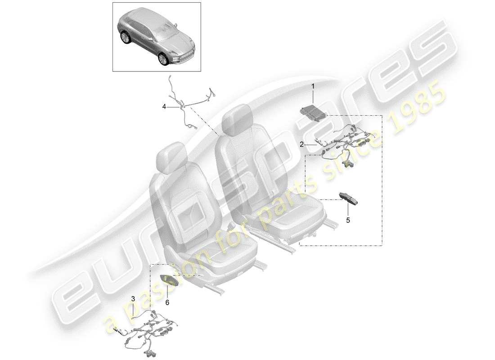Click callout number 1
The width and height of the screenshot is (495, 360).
314,85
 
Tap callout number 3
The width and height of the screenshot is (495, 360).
133,298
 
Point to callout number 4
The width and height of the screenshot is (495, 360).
164,107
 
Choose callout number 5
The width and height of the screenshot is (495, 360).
347,220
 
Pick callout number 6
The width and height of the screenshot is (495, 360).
167,303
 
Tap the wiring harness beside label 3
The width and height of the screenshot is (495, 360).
151,331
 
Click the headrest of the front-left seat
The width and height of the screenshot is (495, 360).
171,157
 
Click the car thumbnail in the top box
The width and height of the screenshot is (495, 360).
156,36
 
